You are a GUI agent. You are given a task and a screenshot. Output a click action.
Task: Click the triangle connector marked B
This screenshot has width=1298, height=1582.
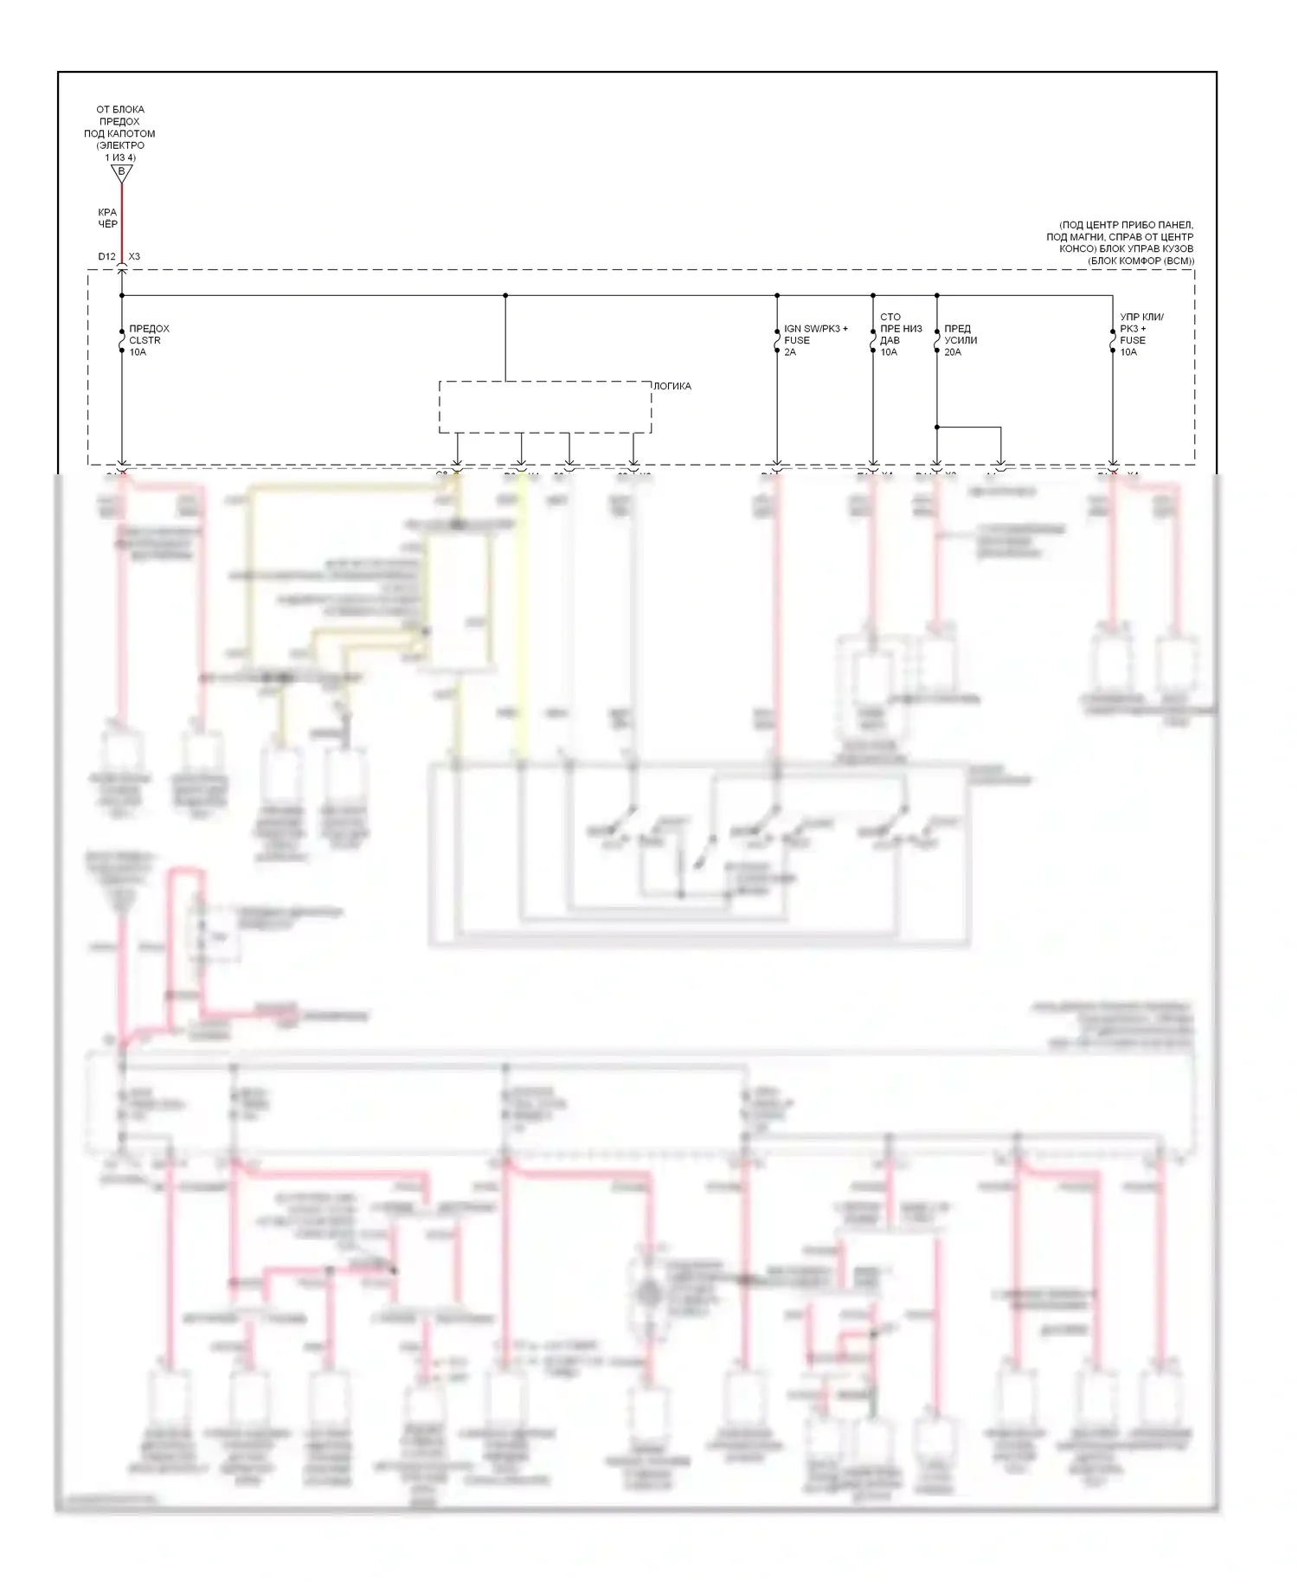click(121, 172)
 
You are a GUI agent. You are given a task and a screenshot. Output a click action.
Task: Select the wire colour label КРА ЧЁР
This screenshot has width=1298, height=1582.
click(107, 218)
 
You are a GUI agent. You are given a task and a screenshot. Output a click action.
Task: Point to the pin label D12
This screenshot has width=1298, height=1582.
click(106, 256)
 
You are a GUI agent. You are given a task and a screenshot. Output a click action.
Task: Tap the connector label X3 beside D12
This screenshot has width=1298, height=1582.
click(134, 256)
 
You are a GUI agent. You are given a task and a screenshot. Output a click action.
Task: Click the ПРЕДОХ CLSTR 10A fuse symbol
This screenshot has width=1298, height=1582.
click(121, 341)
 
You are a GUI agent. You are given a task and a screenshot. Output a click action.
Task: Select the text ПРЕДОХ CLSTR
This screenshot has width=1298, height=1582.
click(149, 334)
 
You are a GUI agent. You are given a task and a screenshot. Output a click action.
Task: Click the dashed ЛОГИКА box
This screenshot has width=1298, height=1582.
click(544, 407)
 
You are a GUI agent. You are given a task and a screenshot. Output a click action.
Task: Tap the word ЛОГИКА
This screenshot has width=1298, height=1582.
click(672, 386)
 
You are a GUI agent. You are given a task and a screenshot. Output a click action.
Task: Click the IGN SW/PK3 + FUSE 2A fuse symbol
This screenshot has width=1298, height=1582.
click(777, 341)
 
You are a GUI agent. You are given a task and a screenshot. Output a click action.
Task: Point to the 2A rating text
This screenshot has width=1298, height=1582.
click(790, 352)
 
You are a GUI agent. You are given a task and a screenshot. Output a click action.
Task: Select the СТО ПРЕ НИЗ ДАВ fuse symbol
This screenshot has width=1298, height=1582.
click(873, 341)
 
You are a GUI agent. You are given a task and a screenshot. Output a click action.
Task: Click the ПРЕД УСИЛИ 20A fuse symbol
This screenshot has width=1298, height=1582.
click(937, 341)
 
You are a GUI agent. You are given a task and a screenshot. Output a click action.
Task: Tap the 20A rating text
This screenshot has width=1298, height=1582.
click(953, 352)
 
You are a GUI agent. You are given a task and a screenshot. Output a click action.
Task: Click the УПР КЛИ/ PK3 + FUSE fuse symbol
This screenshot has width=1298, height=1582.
click(1113, 341)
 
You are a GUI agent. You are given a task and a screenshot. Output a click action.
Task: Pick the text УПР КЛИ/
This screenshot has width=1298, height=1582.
click(1142, 317)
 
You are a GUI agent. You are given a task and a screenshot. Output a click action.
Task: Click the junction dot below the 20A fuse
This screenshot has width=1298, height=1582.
click(937, 427)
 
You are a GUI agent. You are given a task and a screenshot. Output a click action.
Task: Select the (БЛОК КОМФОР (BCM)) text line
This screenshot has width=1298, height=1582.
click(1141, 260)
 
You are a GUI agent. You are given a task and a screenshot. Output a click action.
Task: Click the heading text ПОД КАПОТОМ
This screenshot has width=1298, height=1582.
click(119, 133)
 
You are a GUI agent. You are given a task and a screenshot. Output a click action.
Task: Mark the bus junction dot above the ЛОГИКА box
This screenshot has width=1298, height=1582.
click(505, 295)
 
